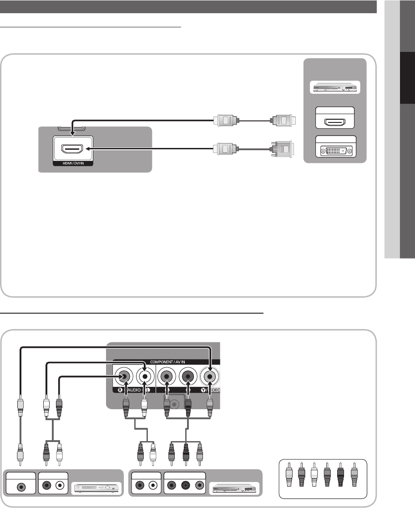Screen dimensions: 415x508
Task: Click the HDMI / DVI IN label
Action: pos(73,163)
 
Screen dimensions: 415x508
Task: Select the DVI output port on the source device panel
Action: pos(334,150)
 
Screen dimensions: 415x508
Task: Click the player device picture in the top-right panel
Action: pos(334,87)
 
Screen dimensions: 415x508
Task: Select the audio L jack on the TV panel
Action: pos(145,377)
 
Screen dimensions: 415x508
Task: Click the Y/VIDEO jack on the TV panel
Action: pos(209,377)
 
